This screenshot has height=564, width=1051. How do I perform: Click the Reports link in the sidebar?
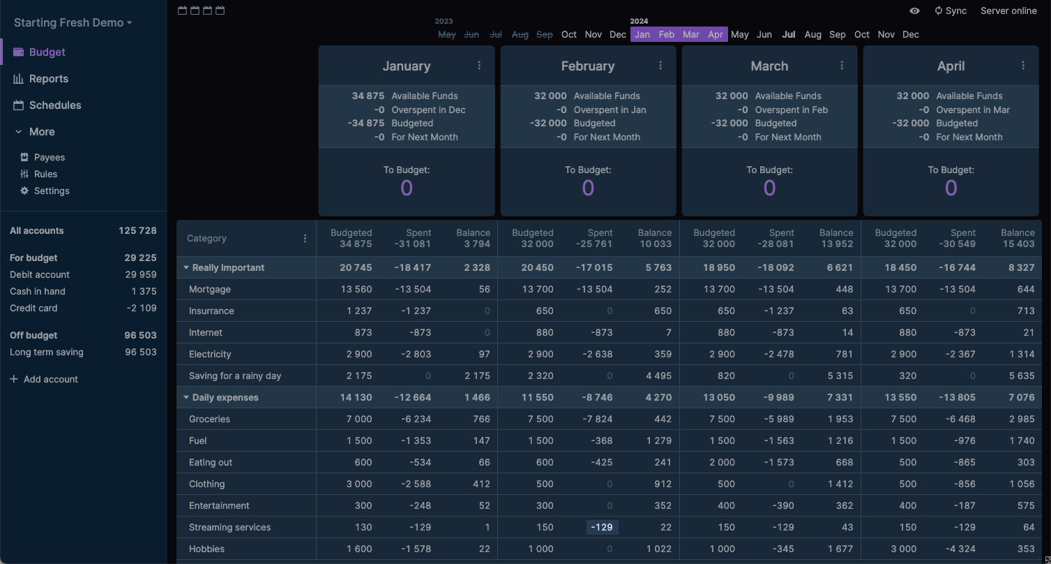48,79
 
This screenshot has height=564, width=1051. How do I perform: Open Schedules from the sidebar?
54,105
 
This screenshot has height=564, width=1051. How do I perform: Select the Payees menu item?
49,157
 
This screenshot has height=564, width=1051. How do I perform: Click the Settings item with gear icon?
51,191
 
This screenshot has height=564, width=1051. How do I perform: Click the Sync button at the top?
951,10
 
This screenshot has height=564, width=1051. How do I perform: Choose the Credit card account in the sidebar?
33,308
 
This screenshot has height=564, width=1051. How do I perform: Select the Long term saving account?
46,352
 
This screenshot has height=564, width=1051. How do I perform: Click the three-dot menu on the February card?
660,66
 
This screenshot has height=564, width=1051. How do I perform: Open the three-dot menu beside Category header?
305,238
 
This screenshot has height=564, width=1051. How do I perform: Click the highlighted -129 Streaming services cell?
602,527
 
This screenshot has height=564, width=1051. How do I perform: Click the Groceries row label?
209,419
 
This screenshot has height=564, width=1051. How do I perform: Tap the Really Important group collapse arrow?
186,267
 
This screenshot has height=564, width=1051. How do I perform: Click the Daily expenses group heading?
225,397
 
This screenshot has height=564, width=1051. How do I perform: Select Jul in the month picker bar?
789,34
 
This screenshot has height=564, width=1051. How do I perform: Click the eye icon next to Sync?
914,10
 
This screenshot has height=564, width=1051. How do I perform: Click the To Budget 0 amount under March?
769,188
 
